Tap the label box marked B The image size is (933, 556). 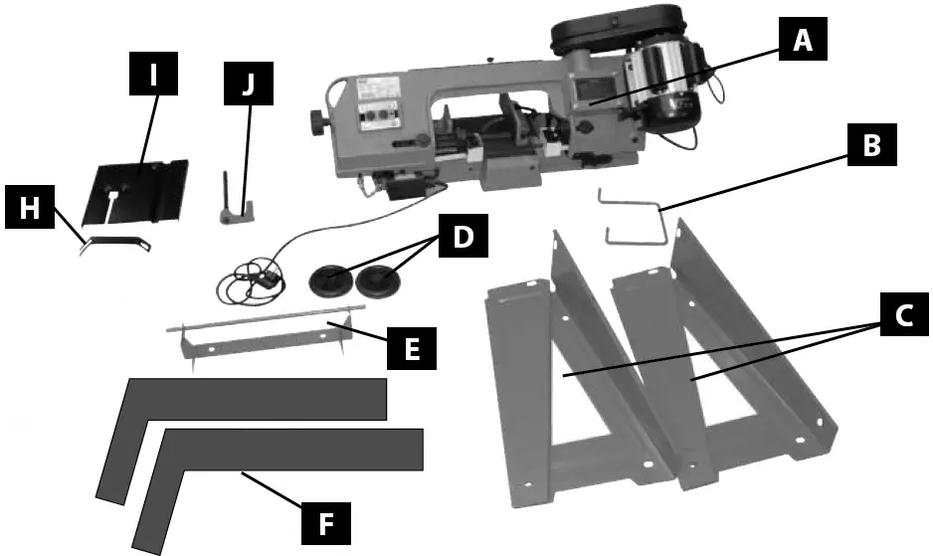point(871,146)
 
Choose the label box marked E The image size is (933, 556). point(409,349)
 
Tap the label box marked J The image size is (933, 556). point(248,87)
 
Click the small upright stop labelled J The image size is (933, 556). point(235,205)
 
